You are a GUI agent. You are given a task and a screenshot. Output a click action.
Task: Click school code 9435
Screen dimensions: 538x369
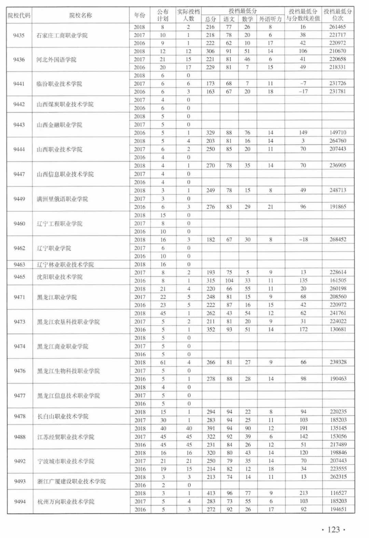pos(19,35)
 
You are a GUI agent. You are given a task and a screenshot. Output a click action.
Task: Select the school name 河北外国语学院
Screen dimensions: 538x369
pos(56,60)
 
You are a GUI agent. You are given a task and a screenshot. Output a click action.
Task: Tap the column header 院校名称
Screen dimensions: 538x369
pos(81,15)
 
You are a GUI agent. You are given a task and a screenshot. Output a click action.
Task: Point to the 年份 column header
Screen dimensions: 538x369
pos(139,15)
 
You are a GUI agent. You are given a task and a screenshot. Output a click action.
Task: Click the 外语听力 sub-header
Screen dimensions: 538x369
pos(270,19)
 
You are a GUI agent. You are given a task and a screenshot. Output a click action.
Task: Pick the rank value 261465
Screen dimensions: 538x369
pos(338,27)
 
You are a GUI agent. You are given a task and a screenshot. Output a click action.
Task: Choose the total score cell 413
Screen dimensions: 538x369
pos(211,493)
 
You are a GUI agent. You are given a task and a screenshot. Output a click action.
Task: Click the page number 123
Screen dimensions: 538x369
pos(333,529)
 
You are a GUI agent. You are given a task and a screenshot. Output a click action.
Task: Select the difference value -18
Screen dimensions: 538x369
pos(303,239)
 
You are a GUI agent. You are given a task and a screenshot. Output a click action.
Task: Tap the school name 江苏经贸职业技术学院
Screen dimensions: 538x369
pos(66,437)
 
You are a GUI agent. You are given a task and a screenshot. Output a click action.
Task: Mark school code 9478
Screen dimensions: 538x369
pos(20,416)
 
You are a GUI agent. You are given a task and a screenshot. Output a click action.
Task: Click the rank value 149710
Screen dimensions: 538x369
pos(338,132)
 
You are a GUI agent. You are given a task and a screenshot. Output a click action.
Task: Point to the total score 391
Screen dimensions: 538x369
pos(211,428)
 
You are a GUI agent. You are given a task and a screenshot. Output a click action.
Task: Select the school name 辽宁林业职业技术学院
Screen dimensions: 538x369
pos(65,264)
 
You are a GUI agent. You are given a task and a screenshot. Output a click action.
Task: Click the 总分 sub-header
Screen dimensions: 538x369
pos(210,19)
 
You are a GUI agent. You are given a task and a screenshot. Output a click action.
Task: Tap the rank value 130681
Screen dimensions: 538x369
pos(338,329)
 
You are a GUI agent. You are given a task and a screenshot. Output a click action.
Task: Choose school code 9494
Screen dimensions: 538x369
pos(20,501)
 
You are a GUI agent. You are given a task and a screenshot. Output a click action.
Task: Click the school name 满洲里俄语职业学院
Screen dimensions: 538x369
pos(62,199)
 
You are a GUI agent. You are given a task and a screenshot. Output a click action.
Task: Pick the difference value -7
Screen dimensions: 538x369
pos(303,83)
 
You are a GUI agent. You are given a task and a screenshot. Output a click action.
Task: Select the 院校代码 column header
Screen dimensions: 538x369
pos(19,15)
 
